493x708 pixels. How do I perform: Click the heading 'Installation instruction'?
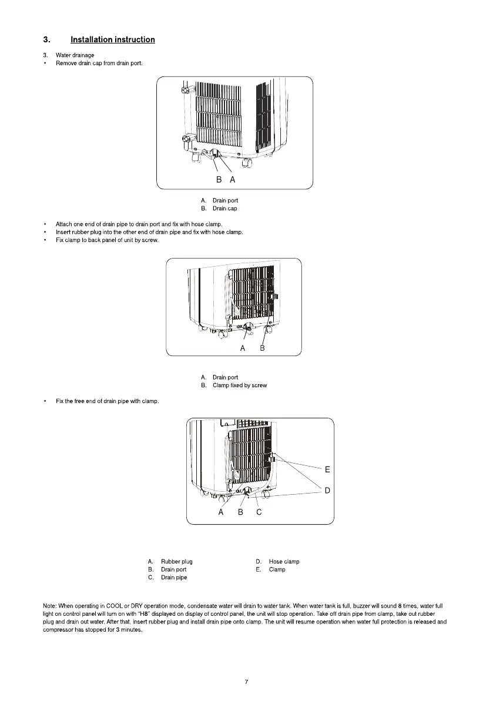(112, 40)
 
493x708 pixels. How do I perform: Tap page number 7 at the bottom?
(247, 682)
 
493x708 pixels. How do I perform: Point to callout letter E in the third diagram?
(327, 469)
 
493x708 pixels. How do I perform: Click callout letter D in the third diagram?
(327, 491)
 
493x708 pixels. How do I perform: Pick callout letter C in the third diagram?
(259, 512)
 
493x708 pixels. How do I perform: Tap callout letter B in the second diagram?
(263, 348)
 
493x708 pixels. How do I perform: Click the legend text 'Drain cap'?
(224, 209)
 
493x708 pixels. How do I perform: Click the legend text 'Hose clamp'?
(284, 562)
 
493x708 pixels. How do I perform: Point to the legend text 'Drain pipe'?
(174, 578)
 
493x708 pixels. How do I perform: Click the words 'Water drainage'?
(75, 55)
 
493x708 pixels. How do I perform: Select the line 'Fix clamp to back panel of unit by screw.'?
(107, 240)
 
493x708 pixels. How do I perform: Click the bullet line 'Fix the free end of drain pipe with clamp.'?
(107, 401)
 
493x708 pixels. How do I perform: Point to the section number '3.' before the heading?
(46, 40)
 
